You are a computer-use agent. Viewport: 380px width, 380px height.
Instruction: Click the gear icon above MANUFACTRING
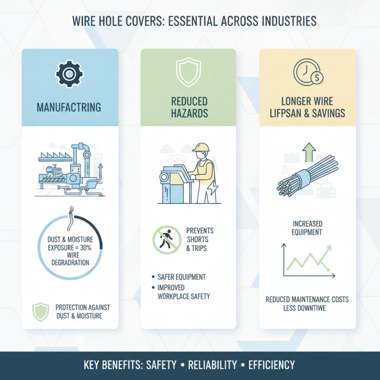[69, 74]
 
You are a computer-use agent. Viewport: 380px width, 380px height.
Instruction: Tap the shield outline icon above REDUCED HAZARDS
[189, 72]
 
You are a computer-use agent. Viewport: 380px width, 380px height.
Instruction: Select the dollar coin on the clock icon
[317, 78]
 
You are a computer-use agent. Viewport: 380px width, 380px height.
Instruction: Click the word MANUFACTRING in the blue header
[69, 107]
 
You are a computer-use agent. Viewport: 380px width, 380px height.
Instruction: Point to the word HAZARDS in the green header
[190, 113]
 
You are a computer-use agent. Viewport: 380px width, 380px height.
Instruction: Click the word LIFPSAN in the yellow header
[285, 113]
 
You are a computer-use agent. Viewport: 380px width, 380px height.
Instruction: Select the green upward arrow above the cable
[309, 152]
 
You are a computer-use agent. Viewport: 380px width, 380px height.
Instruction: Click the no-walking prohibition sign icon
[167, 240]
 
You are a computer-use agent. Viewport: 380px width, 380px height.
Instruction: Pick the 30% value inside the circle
[85, 247]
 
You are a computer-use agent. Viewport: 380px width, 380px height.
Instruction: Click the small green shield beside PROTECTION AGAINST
[41, 312]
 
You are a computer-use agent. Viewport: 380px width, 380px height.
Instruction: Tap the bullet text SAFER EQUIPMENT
[182, 277]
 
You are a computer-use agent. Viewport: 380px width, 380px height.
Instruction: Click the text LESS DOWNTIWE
[304, 308]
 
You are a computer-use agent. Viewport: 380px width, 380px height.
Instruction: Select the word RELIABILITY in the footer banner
[212, 365]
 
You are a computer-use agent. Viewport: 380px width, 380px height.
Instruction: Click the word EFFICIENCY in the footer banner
[272, 365]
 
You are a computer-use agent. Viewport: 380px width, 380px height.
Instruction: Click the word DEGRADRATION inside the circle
[70, 263]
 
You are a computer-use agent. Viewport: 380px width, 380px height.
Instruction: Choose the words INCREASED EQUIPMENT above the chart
[307, 228]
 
